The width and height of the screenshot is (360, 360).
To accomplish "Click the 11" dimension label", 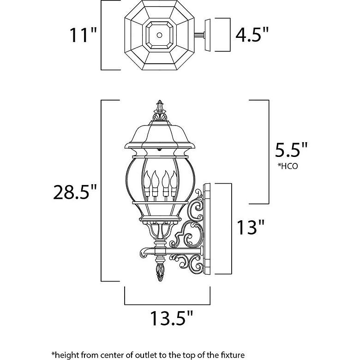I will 83,35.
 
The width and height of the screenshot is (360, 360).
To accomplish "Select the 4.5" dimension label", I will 252,35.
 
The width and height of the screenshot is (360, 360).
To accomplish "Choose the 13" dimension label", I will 251,228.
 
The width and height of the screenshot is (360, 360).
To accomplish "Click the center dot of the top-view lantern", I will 159,35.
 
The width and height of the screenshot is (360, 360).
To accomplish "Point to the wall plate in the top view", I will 207,35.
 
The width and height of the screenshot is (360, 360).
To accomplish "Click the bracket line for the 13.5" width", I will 167,304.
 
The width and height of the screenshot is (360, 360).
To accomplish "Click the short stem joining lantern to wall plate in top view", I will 199,35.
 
